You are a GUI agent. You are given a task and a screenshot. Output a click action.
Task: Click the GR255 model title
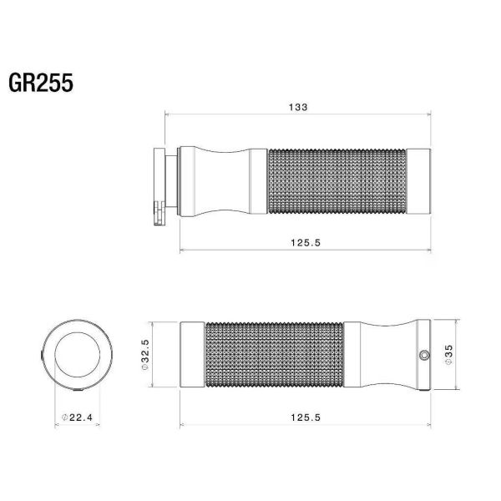tap(41, 83)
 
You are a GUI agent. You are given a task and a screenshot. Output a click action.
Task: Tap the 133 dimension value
tap(298, 107)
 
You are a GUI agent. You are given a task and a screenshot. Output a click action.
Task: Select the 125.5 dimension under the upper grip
tap(306, 243)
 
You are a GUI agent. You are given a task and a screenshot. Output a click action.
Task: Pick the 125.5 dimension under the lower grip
tap(306, 417)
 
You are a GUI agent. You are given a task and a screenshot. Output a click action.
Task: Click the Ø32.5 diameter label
tap(145, 355)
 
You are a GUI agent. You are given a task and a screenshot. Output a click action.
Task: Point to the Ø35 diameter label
tap(448, 355)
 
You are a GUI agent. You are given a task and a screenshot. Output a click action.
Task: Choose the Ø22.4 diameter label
tap(77, 417)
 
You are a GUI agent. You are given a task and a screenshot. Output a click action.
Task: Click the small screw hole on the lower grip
tap(424, 355)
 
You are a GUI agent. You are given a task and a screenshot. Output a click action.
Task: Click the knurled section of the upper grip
tap(337, 181)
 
